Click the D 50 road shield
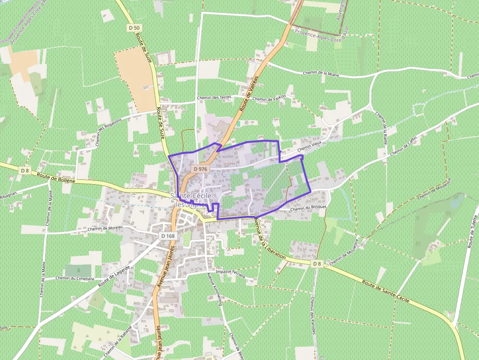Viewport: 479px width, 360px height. pos(134,28)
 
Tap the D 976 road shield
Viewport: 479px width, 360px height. pos(200,169)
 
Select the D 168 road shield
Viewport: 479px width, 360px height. pos(168,236)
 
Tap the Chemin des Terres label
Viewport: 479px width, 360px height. pos(214,98)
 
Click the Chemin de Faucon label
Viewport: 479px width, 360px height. pos(269,99)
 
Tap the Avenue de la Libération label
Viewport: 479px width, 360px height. pos(269,238)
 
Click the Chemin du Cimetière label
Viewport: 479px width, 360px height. pos(74,278)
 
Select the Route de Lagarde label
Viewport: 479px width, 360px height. pos(114,276)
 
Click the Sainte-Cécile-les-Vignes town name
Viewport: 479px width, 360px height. pos(193,199)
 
